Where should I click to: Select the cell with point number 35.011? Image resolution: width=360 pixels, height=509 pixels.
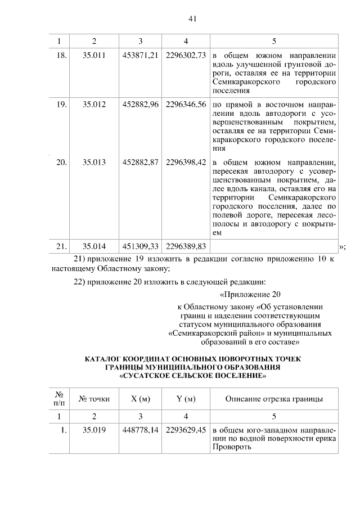click(94, 56)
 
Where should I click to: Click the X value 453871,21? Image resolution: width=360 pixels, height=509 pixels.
click(140, 56)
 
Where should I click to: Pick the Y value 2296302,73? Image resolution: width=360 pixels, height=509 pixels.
click(186, 56)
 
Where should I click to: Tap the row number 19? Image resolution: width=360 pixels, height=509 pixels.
click(62, 105)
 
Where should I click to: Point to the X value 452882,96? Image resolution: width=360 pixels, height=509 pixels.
click(140, 105)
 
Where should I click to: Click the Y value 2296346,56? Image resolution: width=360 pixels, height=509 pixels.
click(186, 105)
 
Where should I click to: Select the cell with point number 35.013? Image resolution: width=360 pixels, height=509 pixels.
click(94, 162)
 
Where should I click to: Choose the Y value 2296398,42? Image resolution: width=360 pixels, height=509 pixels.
click(186, 162)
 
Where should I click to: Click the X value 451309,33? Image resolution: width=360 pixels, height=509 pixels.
click(140, 246)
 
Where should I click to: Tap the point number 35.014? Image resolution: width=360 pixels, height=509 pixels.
click(94, 246)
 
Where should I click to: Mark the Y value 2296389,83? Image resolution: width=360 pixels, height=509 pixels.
click(186, 246)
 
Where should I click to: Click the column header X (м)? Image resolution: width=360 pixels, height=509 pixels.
click(140, 399)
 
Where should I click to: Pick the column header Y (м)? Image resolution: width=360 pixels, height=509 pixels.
click(186, 399)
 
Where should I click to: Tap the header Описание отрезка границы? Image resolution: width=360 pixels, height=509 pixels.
click(274, 399)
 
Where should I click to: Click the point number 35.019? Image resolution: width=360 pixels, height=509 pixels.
click(94, 430)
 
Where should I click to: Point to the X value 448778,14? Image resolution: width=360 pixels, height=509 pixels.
click(140, 430)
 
